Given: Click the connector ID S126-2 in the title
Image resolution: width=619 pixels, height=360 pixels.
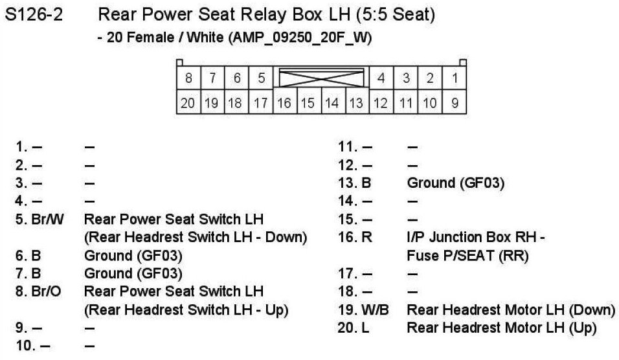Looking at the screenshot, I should click(34, 15).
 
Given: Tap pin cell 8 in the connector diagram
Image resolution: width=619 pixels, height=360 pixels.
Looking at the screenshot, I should click(188, 79).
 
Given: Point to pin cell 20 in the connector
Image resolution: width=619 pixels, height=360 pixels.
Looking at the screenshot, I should click(188, 103).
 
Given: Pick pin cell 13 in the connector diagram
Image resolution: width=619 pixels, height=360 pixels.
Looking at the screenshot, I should click(356, 103).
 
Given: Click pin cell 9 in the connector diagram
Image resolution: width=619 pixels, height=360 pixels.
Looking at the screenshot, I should click(455, 103).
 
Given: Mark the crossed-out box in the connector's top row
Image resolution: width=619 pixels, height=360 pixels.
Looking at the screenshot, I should click(321, 78).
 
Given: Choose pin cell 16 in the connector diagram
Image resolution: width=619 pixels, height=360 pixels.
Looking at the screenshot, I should click(284, 103).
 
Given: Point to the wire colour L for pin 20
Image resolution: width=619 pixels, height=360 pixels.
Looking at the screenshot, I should click(365, 328).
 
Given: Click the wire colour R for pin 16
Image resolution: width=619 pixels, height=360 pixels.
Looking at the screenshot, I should click(366, 237).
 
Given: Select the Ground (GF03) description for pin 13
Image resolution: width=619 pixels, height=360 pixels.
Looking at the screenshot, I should click(456, 183).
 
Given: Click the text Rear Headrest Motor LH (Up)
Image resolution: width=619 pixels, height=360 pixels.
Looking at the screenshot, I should click(501, 328).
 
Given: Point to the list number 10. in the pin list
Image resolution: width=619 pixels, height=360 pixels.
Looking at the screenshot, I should click(25, 346).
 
